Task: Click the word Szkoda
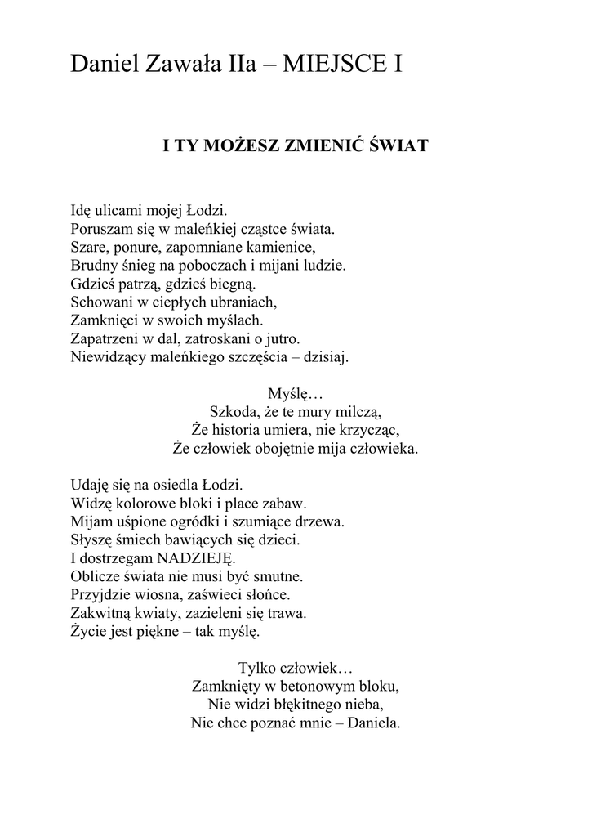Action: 234,411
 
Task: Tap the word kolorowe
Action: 140,503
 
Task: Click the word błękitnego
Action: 295,704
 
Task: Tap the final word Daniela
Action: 374,723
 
